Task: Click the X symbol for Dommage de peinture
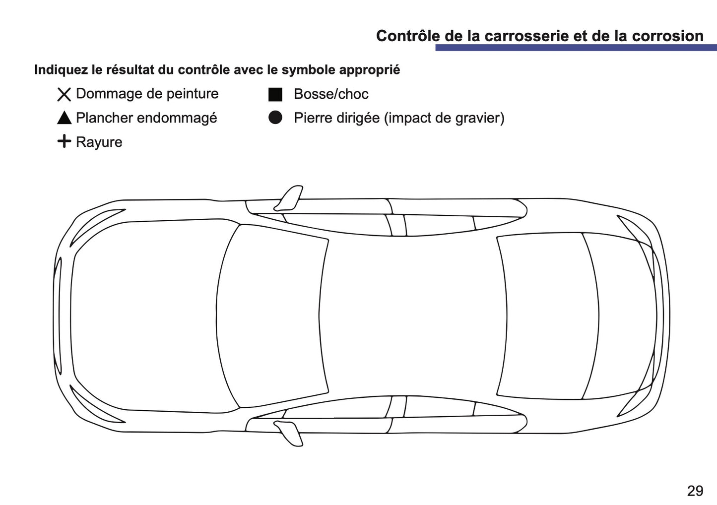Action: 64,94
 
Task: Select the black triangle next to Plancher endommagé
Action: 64,118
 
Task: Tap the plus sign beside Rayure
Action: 64,141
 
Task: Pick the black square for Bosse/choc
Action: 275,94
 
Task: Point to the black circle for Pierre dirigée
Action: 275,118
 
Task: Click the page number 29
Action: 695,491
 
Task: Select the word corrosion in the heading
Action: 667,36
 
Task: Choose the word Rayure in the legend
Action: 99,142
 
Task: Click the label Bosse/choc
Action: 331,94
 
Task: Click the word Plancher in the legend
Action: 104,118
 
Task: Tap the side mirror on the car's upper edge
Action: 289,198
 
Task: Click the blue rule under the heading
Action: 576,48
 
